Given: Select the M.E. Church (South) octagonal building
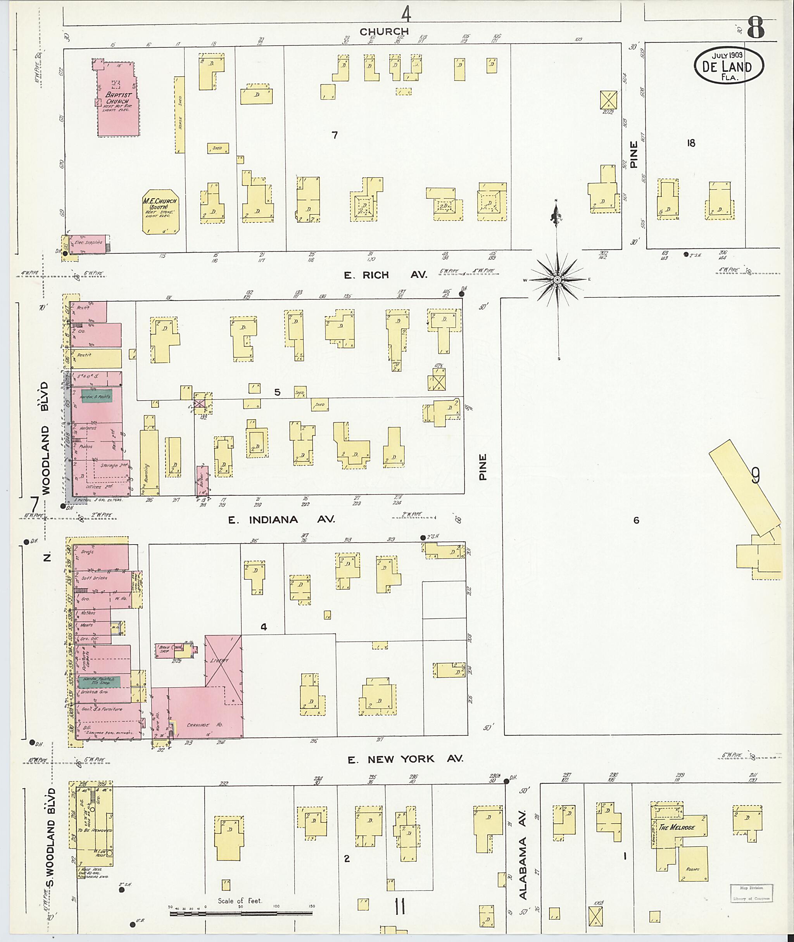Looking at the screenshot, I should (x=160, y=211).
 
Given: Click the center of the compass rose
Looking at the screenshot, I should (x=557, y=280).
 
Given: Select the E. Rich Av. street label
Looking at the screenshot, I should (x=386, y=275).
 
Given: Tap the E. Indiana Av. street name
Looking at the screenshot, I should (x=281, y=520).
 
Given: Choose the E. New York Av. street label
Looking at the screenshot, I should (x=405, y=759).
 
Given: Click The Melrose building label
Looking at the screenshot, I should (x=677, y=828).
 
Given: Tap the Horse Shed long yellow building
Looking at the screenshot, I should (x=179, y=115).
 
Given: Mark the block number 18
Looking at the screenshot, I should (x=691, y=143).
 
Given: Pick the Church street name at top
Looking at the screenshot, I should (x=384, y=31).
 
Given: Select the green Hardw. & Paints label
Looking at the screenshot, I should (x=96, y=396).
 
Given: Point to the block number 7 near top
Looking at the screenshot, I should (x=335, y=135).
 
